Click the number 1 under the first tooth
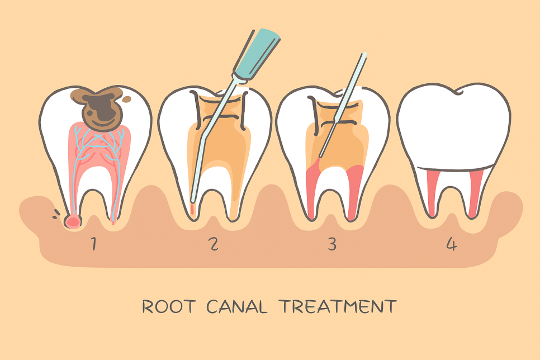click(93, 244)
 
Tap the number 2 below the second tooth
click(214, 244)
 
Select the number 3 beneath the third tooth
click(332, 244)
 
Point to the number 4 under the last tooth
click(452, 244)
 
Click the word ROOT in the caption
click(168, 307)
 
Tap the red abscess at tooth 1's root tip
click(72, 222)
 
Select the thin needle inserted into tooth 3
click(341, 106)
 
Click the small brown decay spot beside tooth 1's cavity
click(127, 100)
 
